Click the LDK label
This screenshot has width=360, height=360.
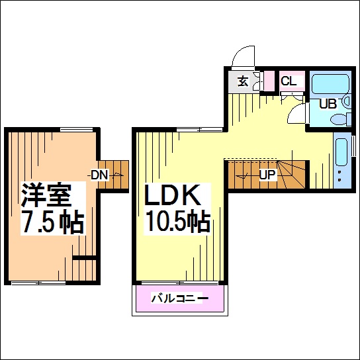pos(172,195)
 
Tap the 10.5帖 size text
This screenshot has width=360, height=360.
pos(178,221)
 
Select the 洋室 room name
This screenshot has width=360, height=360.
pos(46,195)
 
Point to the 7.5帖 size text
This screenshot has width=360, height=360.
pos(52,222)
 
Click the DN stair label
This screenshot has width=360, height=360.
pos(99,175)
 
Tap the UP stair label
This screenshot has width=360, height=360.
pos(267,175)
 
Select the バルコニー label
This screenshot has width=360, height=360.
pos(180,298)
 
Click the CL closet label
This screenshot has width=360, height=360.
pos(289,81)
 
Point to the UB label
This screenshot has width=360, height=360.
pos(328,104)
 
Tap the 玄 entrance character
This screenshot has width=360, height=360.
pos(243,81)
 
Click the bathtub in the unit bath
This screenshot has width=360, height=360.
pos(331,84)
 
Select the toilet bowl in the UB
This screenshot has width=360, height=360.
pos(338,120)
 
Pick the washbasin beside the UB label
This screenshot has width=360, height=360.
pos(346,101)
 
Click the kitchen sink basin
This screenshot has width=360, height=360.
pos(341,152)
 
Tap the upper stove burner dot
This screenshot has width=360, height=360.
pos(339,172)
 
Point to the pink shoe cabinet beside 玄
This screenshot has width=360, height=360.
pos(269,80)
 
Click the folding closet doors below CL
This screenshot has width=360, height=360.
pos(292,95)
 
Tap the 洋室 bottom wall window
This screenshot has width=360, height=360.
pos(38,283)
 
